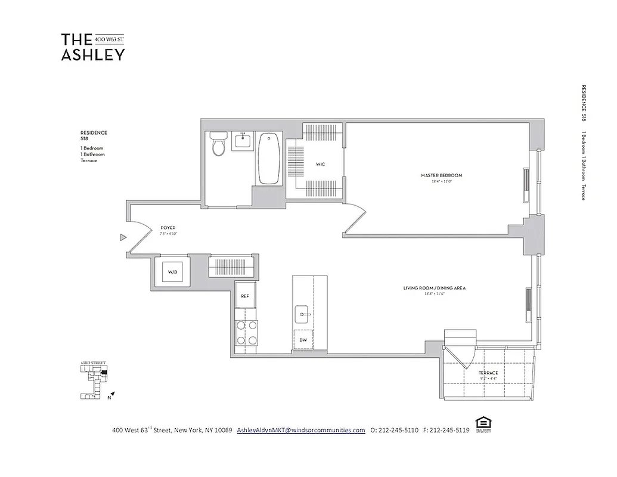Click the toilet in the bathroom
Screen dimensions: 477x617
219,144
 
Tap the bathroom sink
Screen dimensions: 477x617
243,141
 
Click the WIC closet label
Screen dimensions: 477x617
320,164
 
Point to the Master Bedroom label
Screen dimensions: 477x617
441,175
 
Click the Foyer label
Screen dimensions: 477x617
168,228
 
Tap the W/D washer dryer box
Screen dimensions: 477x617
172,272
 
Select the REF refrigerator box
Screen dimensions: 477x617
244,296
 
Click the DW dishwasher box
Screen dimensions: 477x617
303,340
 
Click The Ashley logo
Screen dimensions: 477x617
93,47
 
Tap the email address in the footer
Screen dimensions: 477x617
300,430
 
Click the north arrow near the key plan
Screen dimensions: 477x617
112,394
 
